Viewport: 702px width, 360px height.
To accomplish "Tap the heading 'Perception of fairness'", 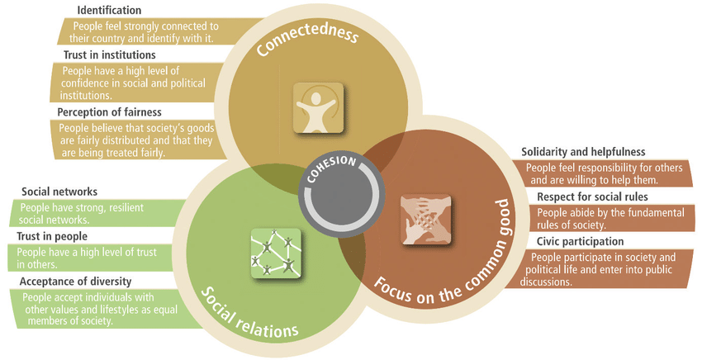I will point(109,111).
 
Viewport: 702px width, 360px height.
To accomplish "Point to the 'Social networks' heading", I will point(59,192).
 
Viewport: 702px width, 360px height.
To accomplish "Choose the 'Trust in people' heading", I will point(53,237).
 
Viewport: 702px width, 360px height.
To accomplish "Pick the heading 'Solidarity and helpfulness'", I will point(583,152).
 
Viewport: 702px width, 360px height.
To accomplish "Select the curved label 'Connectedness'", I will point(307,42).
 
